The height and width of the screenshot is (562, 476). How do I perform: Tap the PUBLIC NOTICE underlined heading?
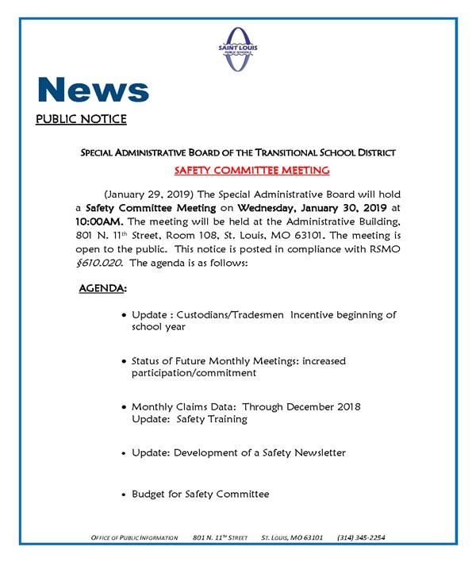[81, 121]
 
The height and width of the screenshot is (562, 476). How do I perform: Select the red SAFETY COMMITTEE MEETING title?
[251, 171]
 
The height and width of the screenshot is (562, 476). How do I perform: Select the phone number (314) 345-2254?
[361, 537]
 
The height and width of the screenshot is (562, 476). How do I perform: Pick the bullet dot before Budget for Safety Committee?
[123, 495]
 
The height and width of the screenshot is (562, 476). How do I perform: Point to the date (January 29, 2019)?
[150, 194]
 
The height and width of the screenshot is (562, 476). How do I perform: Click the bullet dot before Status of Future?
[123, 361]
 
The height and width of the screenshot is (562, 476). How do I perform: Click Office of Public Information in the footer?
[133, 537]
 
